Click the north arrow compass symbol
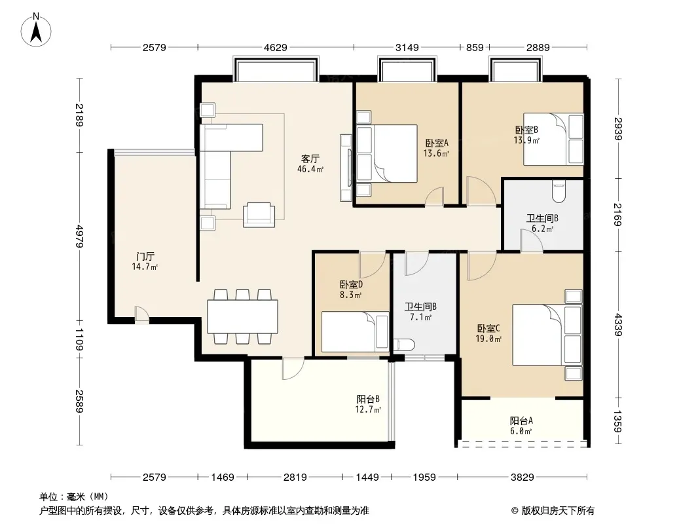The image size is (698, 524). [x=36, y=29]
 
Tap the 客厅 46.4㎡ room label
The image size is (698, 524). [x=310, y=163]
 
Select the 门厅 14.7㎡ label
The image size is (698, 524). [x=145, y=261]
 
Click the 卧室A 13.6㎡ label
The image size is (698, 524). [x=436, y=148]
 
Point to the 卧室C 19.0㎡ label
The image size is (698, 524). [x=488, y=333]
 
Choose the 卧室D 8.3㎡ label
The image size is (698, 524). [x=351, y=289]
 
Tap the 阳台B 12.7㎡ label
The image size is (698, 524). [x=368, y=403]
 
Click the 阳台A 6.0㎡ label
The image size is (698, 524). [x=521, y=425]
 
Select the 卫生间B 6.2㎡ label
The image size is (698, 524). [x=543, y=223]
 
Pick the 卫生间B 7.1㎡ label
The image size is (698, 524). [x=420, y=312]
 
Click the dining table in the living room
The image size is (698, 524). [x=243, y=316]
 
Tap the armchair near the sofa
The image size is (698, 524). [x=259, y=215]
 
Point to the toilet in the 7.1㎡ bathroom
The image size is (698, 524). [x=404, y=345]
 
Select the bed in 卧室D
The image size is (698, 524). [x=356, y=331]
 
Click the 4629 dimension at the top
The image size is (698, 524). [x=276, y=47]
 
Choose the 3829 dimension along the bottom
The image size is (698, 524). [x=522, y=477]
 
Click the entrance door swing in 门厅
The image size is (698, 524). [x=141, y=313]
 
